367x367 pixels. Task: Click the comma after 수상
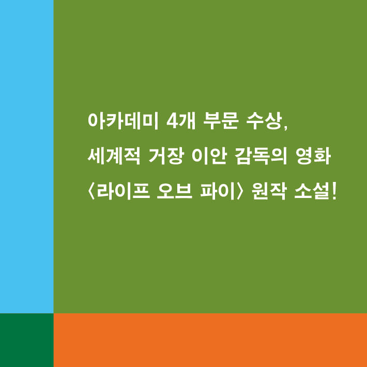pos(284,128)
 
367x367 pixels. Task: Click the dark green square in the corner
pos(26,340)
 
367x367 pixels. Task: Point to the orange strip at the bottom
pos(210,340)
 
